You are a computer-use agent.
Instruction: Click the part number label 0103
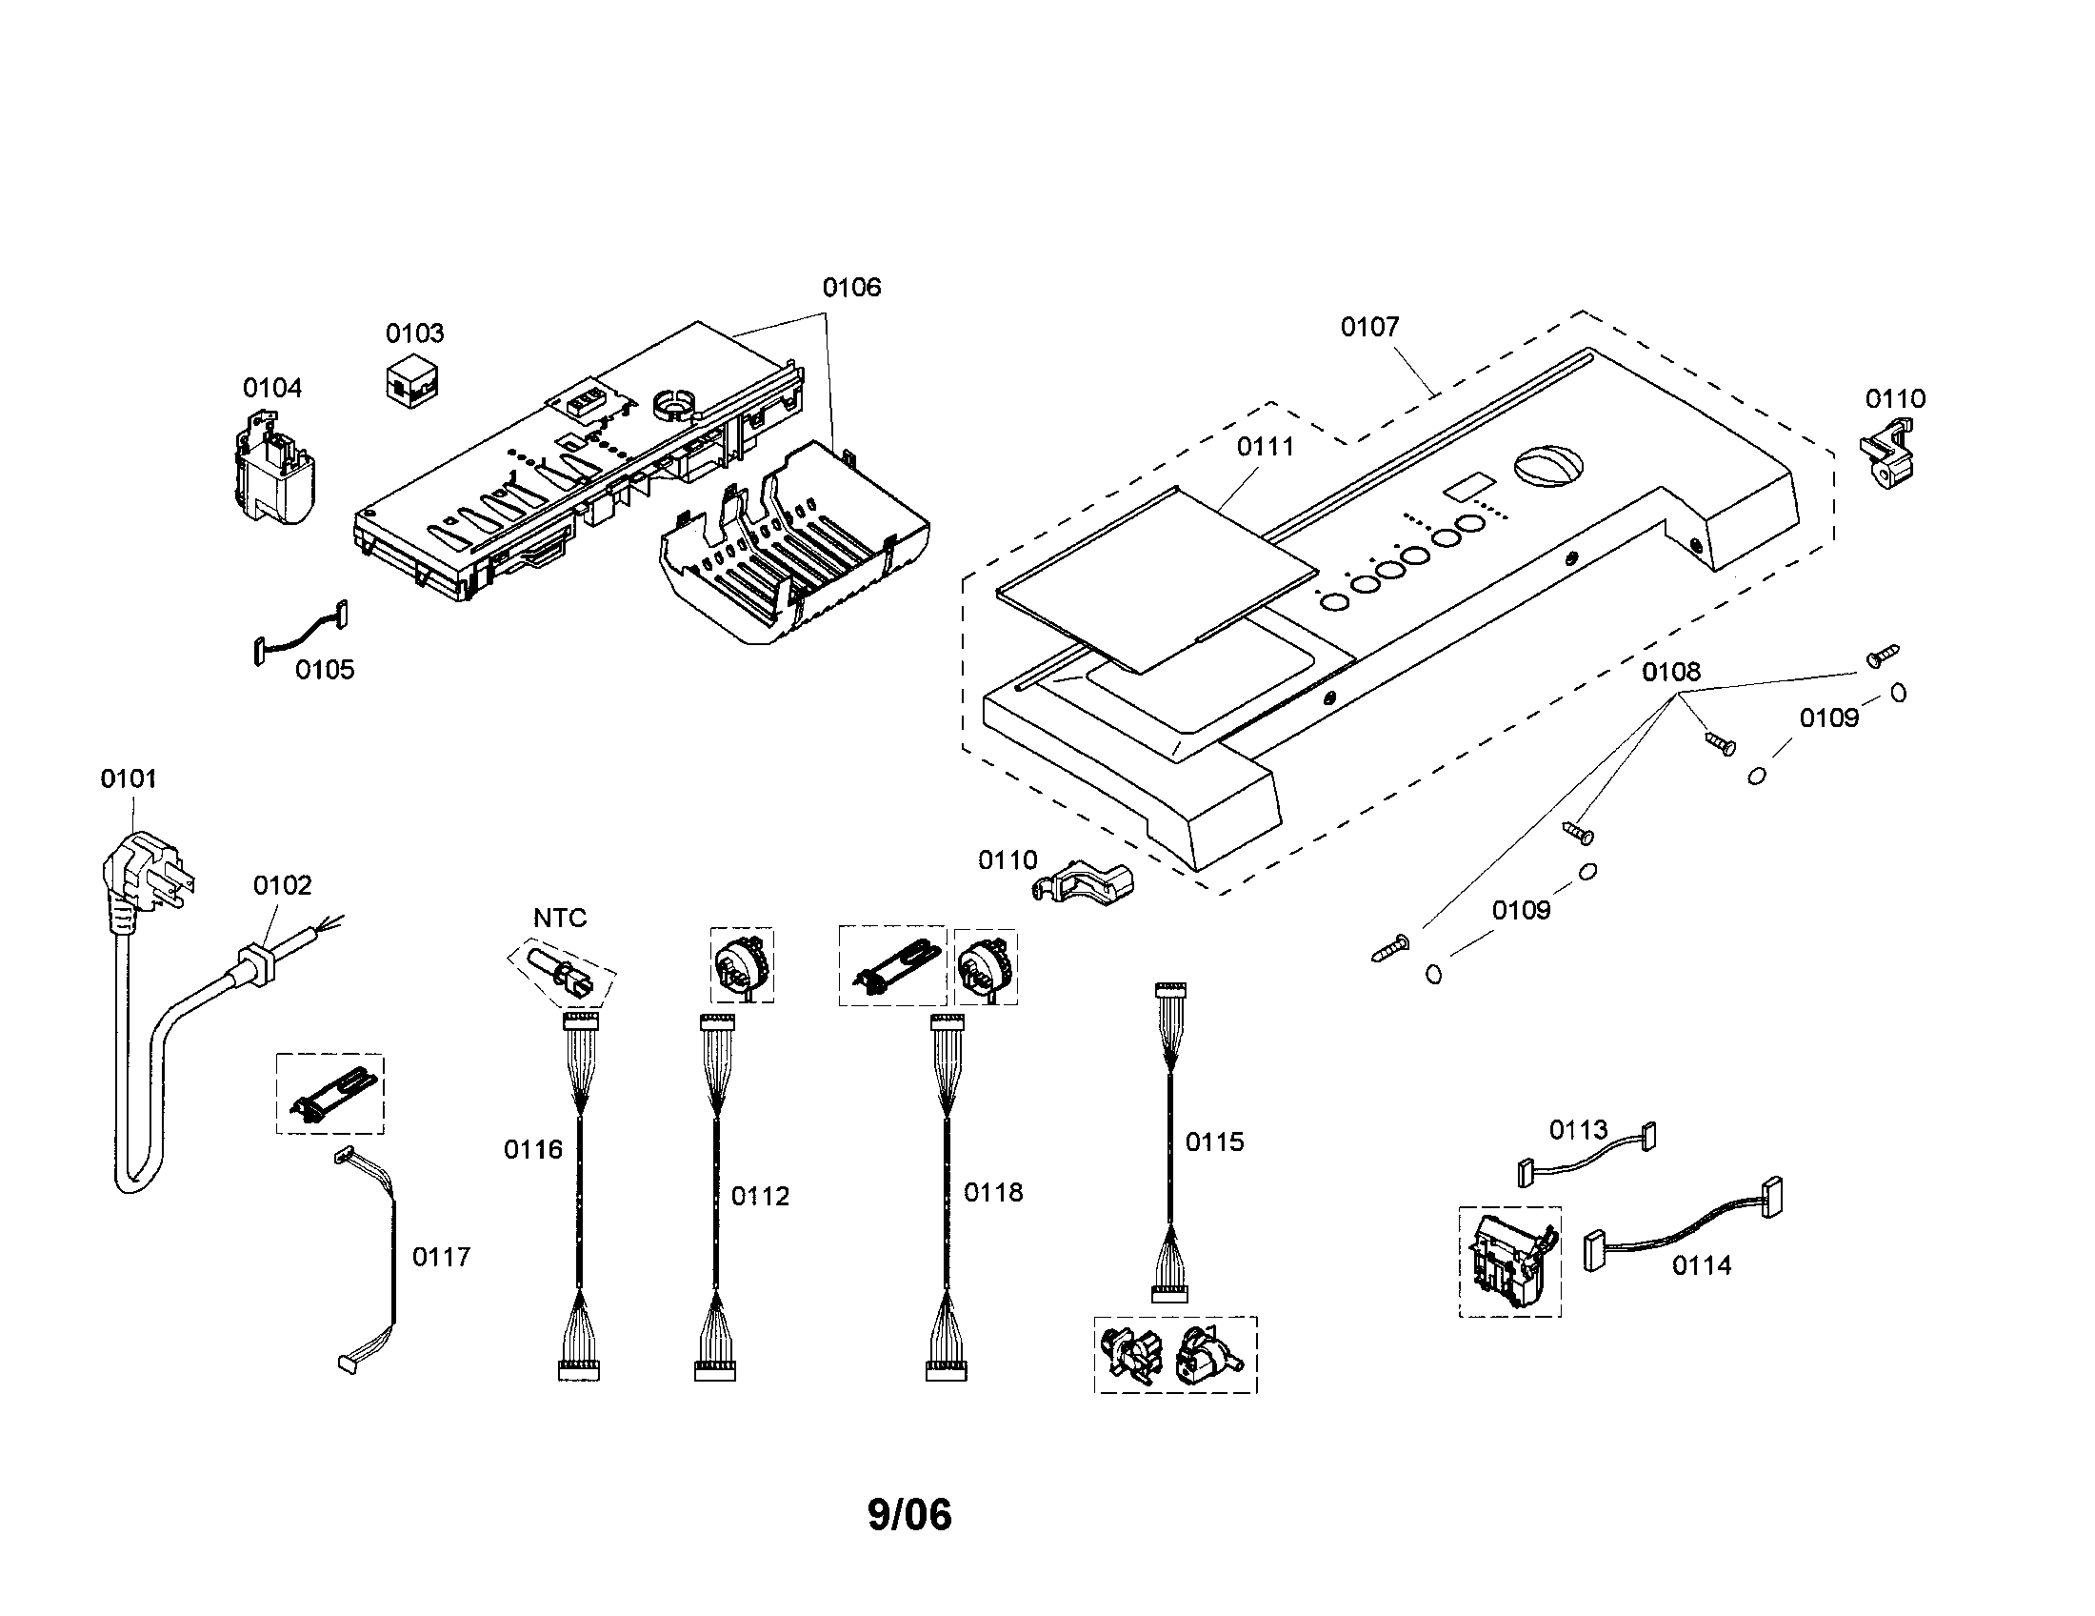point(414,333)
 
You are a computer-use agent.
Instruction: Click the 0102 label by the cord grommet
point(282,885)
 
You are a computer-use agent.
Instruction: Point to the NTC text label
point(559,919)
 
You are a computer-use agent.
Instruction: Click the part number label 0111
point(1265,446)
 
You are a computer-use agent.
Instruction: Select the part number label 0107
point(1368,327)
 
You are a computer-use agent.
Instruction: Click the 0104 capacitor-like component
point(274,470)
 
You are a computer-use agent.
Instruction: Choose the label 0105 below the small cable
point(324,670)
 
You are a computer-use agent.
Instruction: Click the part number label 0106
point(850,287)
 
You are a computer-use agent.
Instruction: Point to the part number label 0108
point(1670,672)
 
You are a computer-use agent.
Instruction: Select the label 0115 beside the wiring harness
point(1213,1141)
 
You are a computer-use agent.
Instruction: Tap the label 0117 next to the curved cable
point(440,1256)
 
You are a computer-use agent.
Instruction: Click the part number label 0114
point(1701,1265)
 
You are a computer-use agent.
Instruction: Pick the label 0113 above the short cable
point(1577,1130)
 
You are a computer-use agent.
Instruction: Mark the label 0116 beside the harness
point(532,1149)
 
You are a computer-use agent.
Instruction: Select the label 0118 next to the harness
point(993,1193)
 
